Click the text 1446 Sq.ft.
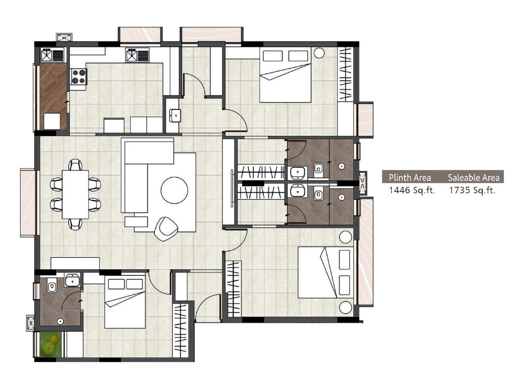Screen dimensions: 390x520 tap(411, 190)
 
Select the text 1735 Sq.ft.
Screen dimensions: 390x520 tap(472, 190)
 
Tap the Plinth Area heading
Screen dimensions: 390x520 tap(410, 178)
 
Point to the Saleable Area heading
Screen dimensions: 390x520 tap(474, 178)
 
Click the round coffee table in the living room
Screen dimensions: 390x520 tap(174, 190)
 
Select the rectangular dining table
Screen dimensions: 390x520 tap(75, 194)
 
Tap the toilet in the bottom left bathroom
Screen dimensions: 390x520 tap(52, 287)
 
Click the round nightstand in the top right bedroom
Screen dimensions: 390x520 tap(319, 53)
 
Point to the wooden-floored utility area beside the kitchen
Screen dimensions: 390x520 tap(53, 88)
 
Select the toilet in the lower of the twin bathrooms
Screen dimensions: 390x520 tap(318, 195)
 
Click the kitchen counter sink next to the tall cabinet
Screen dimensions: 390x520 tap(132, 55)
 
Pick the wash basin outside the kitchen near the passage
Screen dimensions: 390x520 tap(175, 115)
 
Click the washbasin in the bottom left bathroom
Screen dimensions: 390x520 tap(72, 280)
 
